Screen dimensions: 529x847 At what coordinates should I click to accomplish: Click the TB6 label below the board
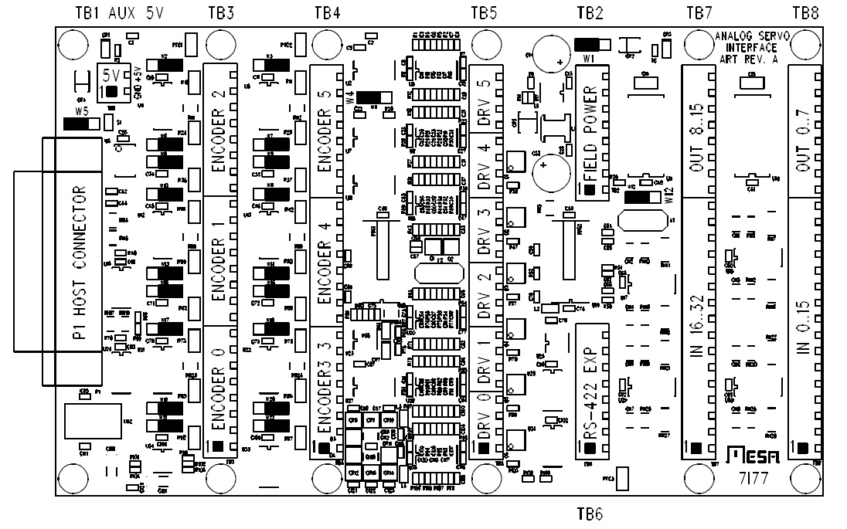pos(590,514)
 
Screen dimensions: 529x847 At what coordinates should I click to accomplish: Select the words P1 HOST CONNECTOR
pos(79,260)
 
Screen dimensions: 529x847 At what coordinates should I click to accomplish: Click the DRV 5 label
pos(483,97)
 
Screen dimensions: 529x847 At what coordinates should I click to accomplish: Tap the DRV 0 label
pos(483,421)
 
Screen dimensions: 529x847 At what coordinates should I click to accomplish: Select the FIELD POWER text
pos(590,133)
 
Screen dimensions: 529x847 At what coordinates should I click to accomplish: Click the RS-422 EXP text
pos(590,392)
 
